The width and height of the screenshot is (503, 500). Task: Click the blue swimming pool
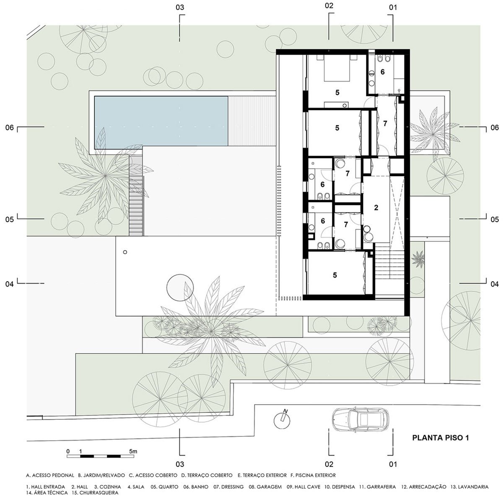tap(161, 121)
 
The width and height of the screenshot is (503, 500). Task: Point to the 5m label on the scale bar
tap(133, 451)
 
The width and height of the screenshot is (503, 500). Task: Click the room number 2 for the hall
tap(376, 208)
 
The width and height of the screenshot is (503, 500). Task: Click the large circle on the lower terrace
tap(180, 287)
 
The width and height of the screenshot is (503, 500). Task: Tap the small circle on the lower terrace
tap(125, 252)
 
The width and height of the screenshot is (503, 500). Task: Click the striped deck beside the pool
tap(252, 121)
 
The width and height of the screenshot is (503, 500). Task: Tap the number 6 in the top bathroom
tap(382, 72)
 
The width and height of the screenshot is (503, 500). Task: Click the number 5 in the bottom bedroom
tap(335, 275)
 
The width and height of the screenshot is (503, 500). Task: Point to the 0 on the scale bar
tap(68, 451)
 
